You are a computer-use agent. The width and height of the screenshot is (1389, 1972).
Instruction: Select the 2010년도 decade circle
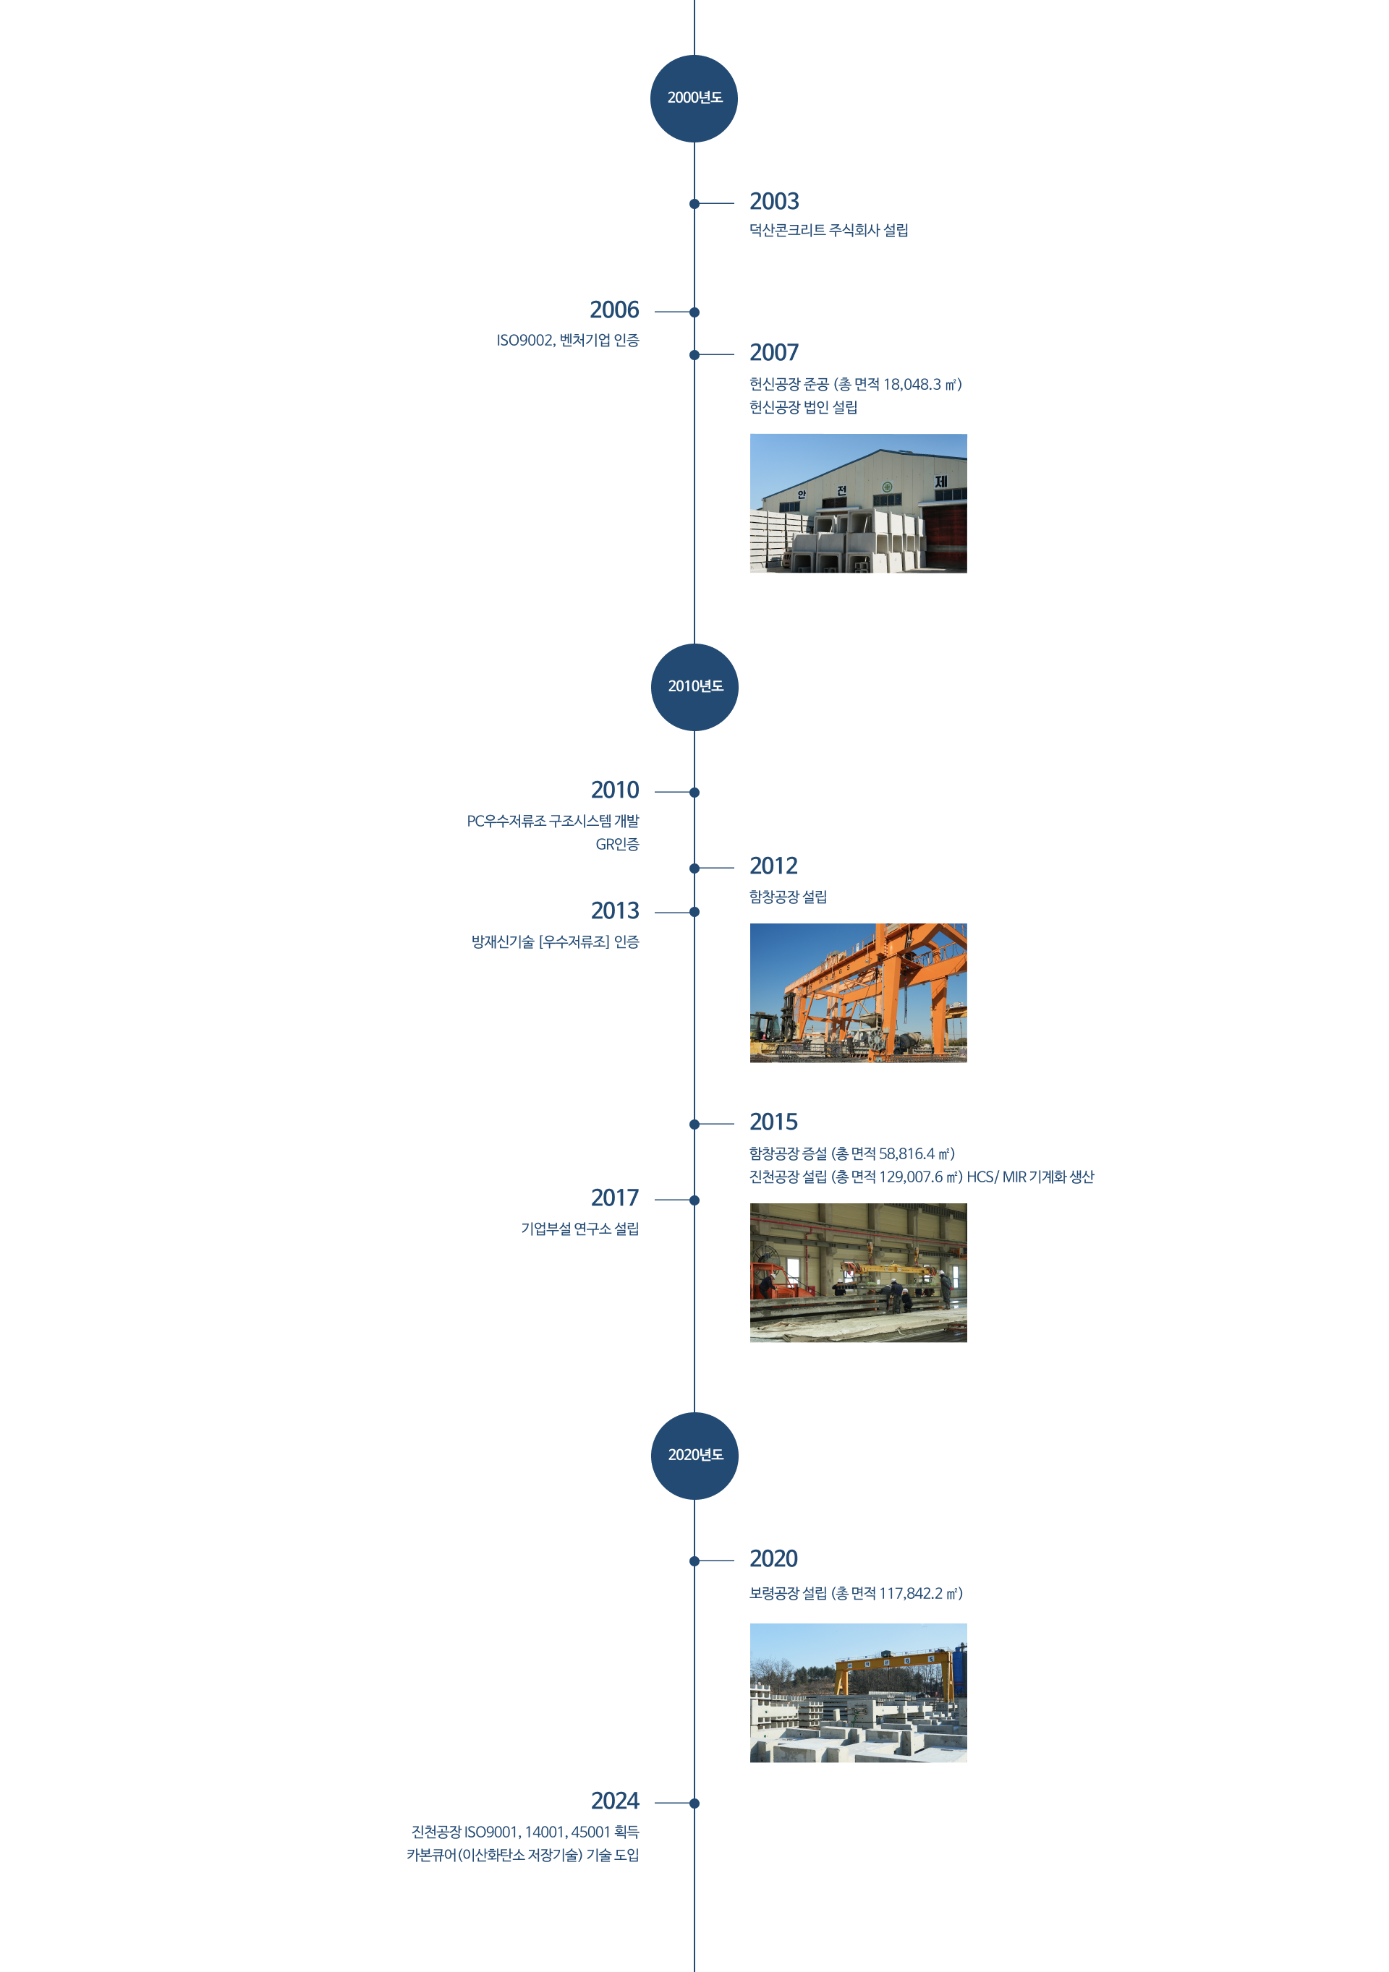point(694,687)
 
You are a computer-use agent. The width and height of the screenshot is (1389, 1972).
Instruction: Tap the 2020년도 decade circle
point(694,1456)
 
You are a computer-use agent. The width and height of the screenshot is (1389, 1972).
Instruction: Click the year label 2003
point(774,202)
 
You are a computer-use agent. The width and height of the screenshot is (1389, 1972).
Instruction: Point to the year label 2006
point(614,310)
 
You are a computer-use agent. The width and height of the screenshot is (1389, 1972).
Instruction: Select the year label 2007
point(774,353)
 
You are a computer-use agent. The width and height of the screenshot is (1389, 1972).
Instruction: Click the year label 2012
point(773,866)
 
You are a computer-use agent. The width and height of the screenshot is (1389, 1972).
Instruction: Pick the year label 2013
point(615,910)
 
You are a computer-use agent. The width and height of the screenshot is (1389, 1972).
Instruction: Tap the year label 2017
point(615,1198)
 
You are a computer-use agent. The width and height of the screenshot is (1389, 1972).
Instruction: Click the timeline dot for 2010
point(694,793)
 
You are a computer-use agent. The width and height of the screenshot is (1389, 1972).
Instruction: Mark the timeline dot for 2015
point(694,1124)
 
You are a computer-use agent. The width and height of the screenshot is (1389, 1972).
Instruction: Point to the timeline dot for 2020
point(694,1561)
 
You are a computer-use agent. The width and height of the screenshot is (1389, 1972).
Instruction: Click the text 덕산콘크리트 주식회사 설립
point(828,230)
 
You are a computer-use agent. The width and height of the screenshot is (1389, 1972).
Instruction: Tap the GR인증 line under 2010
point(617,845)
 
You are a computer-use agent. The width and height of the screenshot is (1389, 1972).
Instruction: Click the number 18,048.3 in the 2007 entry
point(912,385)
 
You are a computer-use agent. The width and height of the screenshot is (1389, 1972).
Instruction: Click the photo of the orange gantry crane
point(858,993)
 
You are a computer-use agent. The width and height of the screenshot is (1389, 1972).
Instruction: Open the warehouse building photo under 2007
point(858,503)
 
